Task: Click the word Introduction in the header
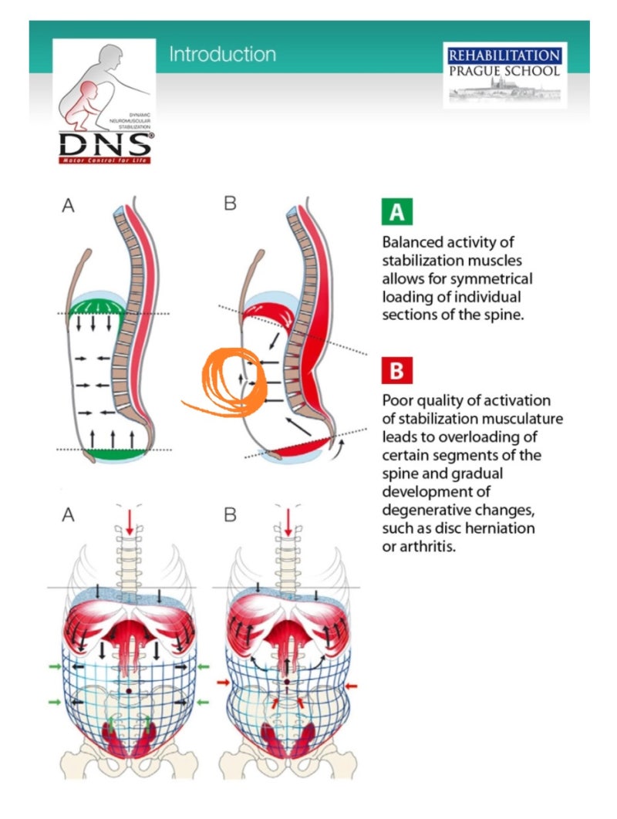tap(222, 55)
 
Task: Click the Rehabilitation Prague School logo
tap(504, 74)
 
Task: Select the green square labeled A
tap(396, 212)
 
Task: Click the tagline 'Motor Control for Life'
tap(105, 160)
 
